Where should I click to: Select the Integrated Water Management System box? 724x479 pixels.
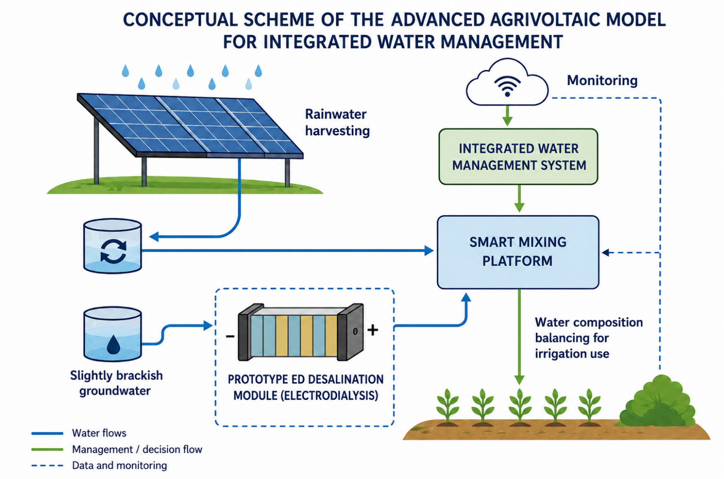coord(519,157)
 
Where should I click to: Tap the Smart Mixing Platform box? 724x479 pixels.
coord(518,252)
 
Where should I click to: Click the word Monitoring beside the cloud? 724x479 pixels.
coord(602,80)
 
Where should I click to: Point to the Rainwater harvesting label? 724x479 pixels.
coord(337,122)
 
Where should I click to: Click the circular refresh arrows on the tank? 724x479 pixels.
coord(113,251)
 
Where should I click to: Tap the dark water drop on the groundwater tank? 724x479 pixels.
coord(114,345)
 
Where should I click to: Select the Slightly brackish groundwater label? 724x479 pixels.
coord(116,383)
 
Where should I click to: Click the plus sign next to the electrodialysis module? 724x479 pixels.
coord(373,330)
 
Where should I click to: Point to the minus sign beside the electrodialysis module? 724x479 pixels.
coord(230,336)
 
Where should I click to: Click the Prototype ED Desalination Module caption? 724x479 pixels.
coord(305,387)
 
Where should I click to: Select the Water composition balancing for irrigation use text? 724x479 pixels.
coord(588,338)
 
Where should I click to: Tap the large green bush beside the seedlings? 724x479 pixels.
coord(658,402)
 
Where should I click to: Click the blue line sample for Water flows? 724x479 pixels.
coord(47,433)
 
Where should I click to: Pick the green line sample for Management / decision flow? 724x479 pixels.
coord(47,449)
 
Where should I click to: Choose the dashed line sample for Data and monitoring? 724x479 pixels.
coord(47,466)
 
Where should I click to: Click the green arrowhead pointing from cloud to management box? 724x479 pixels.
coord(507,121)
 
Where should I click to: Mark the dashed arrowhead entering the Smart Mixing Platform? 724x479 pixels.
coord(606,252)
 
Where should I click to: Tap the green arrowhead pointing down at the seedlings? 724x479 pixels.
coord(519,379)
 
